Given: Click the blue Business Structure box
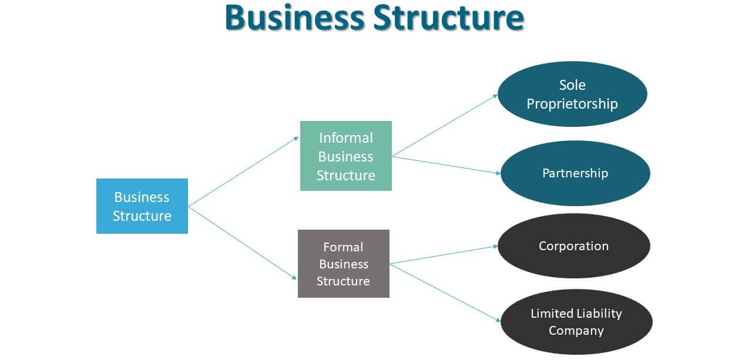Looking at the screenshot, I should (x=142, y=206).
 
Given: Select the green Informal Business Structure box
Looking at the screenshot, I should (x=345, y=156).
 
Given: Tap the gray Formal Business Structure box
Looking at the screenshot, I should (x=343, y=263).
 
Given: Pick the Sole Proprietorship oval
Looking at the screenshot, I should (x=572, y=94).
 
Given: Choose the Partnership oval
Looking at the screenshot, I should (x=575, y=173).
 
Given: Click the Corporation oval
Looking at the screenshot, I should (x=573, y=245).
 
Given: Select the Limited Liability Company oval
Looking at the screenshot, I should (x=576, y=322).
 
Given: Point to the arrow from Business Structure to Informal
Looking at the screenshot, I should (x=244, y=171).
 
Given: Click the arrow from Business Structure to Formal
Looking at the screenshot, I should (x=243, y=242).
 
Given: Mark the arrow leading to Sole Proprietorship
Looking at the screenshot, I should (x=445, y=125).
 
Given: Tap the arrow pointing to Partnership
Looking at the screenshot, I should (x=446, y=165).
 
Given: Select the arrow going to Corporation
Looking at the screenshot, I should (x=444, y=255).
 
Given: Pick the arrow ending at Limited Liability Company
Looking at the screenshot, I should (x=445, y=292).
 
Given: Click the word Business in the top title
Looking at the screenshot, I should (x=292, y=18).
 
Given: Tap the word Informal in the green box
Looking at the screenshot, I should (x=345, y=138).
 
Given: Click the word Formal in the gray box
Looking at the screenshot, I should (x=343, y=247).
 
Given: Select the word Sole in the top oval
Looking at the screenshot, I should (x=572, y=85).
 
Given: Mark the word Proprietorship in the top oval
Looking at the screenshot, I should (x=572, y=104).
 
